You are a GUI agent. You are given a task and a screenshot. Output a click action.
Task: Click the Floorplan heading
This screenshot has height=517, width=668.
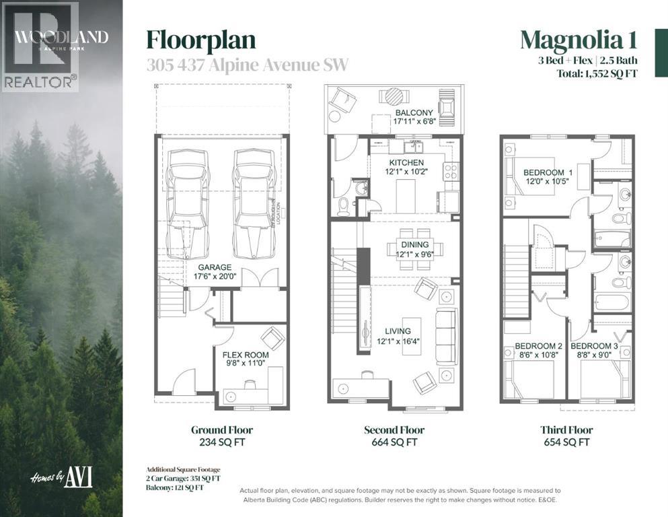[x=201, y=40]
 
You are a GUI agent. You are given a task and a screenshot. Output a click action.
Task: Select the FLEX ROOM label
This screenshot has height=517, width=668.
[x=246, y=355]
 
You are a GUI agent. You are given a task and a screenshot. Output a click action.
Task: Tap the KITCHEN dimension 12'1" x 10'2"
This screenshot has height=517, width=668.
[x=407, y=172]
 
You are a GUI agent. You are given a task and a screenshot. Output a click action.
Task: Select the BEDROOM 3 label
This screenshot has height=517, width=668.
[x=594, y=347]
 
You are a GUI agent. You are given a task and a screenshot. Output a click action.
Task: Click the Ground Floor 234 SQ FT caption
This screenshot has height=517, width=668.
[x=221, y=436]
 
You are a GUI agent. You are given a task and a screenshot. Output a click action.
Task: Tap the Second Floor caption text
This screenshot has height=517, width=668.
[x=394, y=429]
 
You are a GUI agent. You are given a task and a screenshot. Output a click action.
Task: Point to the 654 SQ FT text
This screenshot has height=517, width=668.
[x=566, y=442]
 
